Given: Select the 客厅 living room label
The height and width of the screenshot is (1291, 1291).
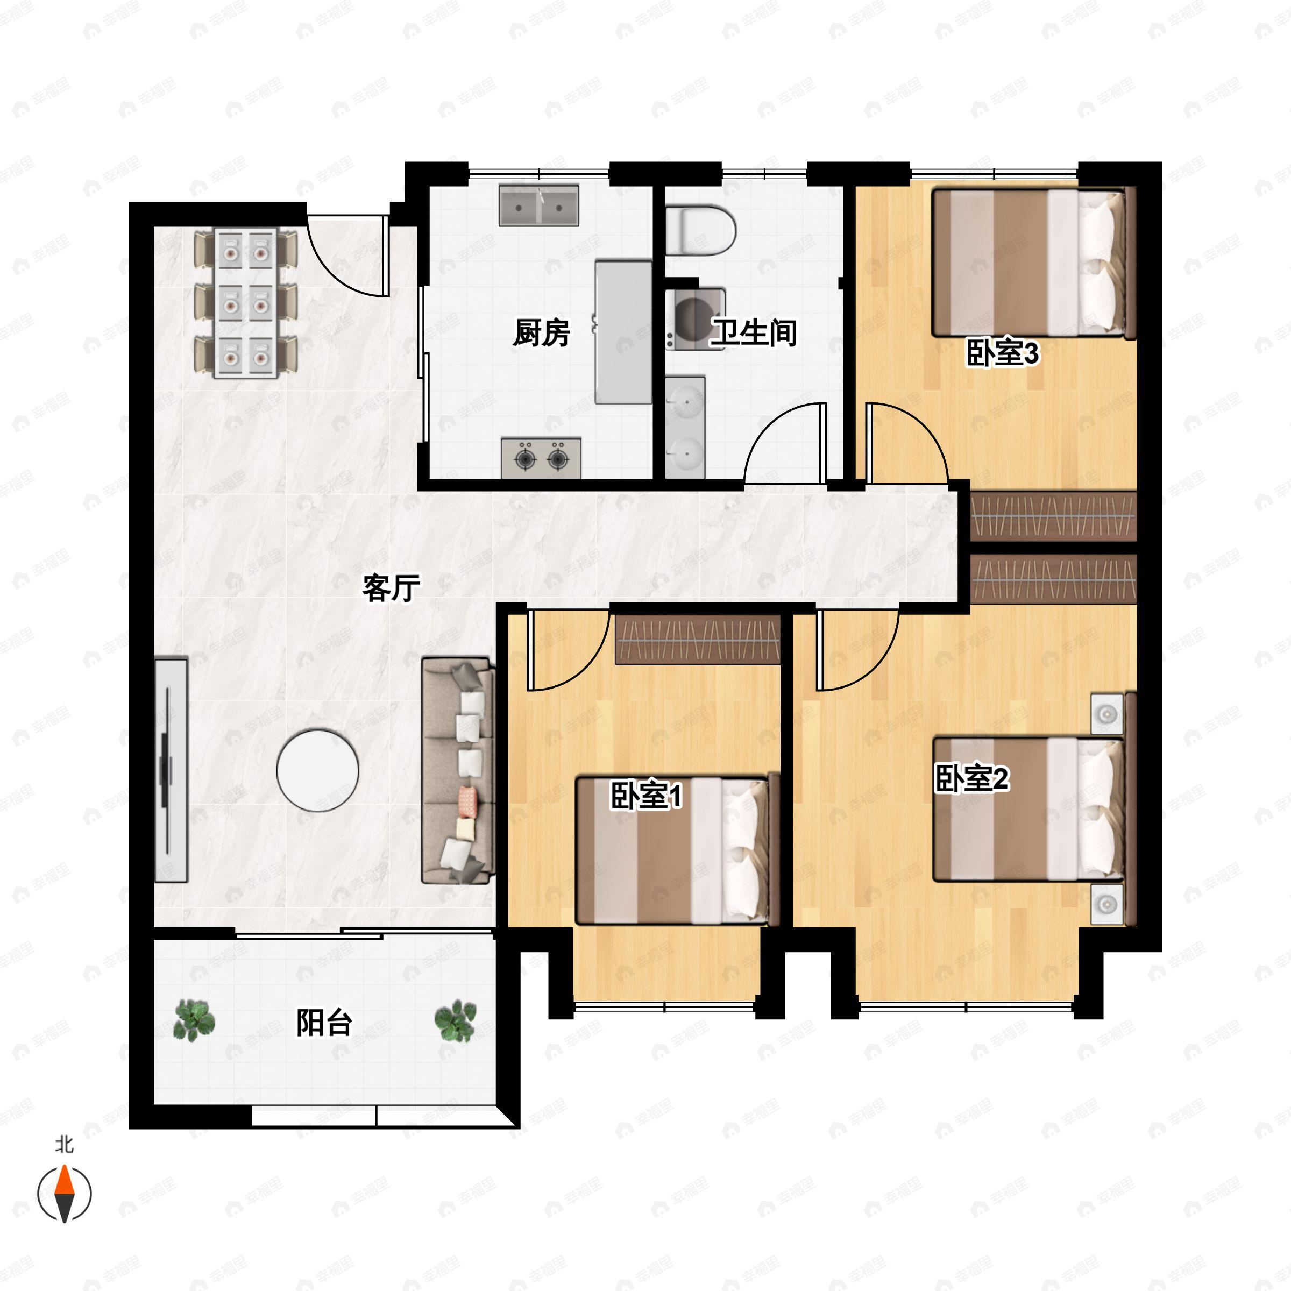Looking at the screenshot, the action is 391,587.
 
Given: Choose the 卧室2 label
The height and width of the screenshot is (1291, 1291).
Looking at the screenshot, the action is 971,778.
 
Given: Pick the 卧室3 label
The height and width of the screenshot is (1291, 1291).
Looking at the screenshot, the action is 1002,353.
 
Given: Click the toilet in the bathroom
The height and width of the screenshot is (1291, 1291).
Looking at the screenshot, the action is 700,231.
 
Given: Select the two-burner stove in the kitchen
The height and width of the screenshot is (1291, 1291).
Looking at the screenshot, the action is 541,458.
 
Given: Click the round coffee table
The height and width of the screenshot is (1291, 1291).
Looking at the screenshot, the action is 317,770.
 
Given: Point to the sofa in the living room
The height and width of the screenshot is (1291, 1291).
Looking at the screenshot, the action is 458,770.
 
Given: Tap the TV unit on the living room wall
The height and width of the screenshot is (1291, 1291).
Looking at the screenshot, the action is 171,770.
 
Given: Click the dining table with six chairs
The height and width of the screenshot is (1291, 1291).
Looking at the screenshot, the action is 245,303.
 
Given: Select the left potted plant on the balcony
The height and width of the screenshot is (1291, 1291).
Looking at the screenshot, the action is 194,1020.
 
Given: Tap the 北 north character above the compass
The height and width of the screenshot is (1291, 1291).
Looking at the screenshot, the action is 64,1144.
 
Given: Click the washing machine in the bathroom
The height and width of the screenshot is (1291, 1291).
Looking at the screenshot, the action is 695,319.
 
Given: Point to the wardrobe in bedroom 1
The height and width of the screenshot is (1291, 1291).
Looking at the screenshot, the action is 698,640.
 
